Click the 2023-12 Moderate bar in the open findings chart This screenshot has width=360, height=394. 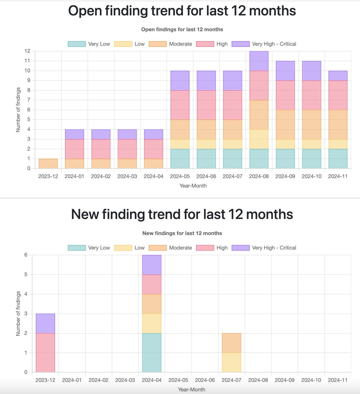coord(48,164)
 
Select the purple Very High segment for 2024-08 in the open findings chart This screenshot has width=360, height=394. coord(259,61)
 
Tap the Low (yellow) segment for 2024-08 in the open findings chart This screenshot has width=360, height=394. coord(259,139)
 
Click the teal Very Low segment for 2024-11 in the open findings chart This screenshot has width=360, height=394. coord(338,159)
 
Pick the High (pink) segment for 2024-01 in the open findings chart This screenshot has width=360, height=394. coord(75,149)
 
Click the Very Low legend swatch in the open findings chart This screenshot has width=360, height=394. coord(77,44)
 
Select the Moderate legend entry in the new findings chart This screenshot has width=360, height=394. coord(170,248)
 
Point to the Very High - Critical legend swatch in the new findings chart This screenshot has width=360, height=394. coord(240,248)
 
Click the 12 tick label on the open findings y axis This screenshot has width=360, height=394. coord(27,51)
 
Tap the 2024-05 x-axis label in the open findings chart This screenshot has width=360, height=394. coord(180,176)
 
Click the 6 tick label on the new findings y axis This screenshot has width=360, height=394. coord(26,255)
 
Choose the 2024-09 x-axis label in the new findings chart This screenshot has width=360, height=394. coord(284,380)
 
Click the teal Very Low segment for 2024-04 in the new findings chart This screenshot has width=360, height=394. coord(152,353)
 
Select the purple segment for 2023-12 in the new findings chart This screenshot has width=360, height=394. coord(45,323)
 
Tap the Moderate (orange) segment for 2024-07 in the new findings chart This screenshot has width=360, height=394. coord(232,343)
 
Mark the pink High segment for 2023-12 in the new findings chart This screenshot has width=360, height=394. coord(45,353)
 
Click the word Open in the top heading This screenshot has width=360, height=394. coord(85,11)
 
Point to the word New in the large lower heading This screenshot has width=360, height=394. coord(85,214)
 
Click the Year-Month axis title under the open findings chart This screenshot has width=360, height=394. coord(193,186)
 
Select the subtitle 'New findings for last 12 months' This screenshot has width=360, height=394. coord(182,233)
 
